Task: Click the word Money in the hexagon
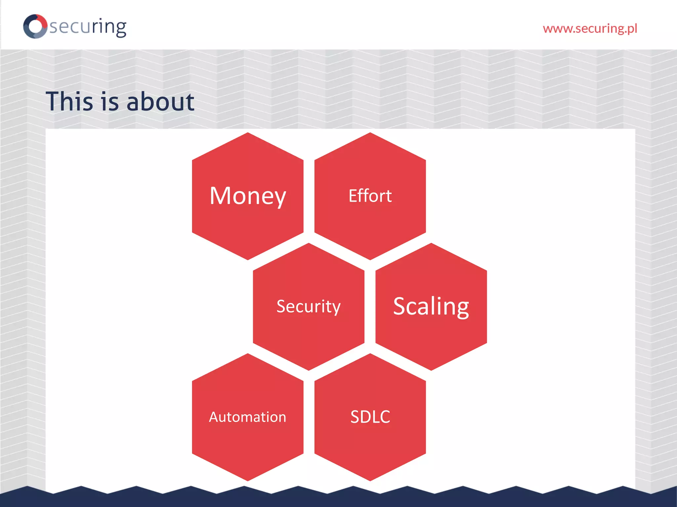(248, 196)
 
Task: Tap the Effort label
(370, 196)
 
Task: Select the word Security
(308, 307)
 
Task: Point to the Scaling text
(431, 307)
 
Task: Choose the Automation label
(248, 417)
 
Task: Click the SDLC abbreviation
(370, 417)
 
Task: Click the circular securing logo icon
(35, 26)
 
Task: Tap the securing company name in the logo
(88, 27)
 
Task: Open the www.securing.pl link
(590, 29)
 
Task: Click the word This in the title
(69, 101)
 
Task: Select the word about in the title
(160, 101)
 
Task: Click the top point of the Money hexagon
(248, 134)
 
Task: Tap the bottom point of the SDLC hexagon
(370, 480)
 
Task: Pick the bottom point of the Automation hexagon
(248, 480)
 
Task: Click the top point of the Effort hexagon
(370, 134)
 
